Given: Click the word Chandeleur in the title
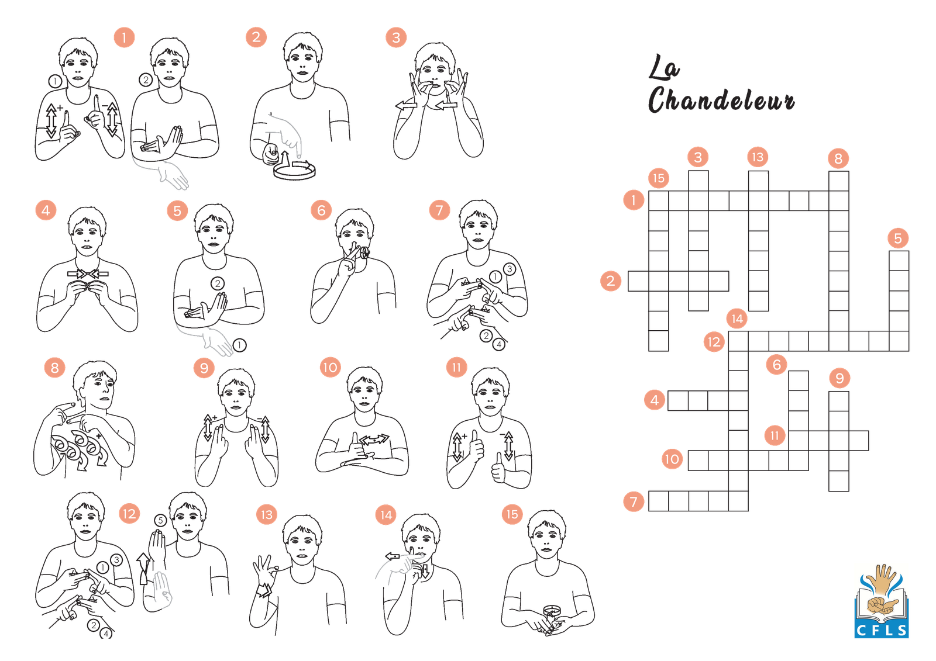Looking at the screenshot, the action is (721, 99).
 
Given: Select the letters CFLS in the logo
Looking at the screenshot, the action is (882, 630).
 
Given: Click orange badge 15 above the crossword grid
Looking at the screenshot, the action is (659, 178).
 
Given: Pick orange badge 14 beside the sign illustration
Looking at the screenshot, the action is (386, 515).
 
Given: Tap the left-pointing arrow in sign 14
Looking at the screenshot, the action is (393, 556).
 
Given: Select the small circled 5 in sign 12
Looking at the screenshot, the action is (160, 520).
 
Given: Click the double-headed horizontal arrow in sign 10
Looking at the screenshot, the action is (374, 439).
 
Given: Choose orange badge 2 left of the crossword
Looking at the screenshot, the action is (611, 281).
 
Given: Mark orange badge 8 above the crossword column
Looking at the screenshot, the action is (838, 158).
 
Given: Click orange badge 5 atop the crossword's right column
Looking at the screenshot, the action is (898, 238).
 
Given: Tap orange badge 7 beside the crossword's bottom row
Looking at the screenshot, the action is (634, 501).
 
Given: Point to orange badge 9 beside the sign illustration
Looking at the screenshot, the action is (204, 368).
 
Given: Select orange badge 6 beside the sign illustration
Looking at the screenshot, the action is (321, 210).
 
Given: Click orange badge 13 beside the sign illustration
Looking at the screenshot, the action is (267, 515).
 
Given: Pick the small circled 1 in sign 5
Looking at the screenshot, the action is (239, 345).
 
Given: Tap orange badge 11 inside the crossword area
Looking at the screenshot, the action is (775, 435).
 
